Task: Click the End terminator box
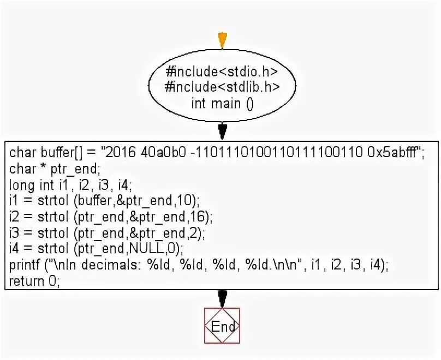coord(222,326)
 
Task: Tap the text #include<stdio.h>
coord(222,71)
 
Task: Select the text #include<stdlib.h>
coord(222,86)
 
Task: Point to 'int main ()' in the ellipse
coord(222,103)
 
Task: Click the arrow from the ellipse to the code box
coord(222,131)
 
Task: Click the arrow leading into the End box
coord(222,298)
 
